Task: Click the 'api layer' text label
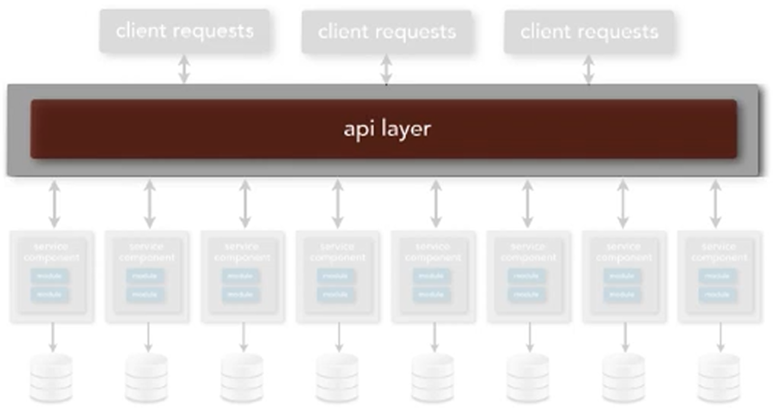pos(387,129)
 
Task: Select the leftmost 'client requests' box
pos(184,31)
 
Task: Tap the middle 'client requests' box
pos(387,31)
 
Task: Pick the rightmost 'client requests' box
pos(589,31)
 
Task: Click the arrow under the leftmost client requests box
pos(184,69)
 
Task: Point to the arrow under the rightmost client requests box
pos(589,69)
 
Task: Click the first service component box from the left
pos(52,276)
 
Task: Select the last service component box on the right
pos(720,276)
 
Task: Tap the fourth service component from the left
pos(338,276)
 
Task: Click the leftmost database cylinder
pos(51,378)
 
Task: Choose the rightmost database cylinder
pos(719,378)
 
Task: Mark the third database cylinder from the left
pos(242,378)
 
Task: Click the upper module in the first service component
pos(50,276)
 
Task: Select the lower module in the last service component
pos(717,295)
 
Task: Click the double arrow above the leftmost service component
pos(55,204)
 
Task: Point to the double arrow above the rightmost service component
pos(716,204)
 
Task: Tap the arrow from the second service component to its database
pos(148,337)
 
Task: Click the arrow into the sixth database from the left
pos(529,337)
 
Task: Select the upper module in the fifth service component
pos(431,276)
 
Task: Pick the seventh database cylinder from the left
pos(624,378)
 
